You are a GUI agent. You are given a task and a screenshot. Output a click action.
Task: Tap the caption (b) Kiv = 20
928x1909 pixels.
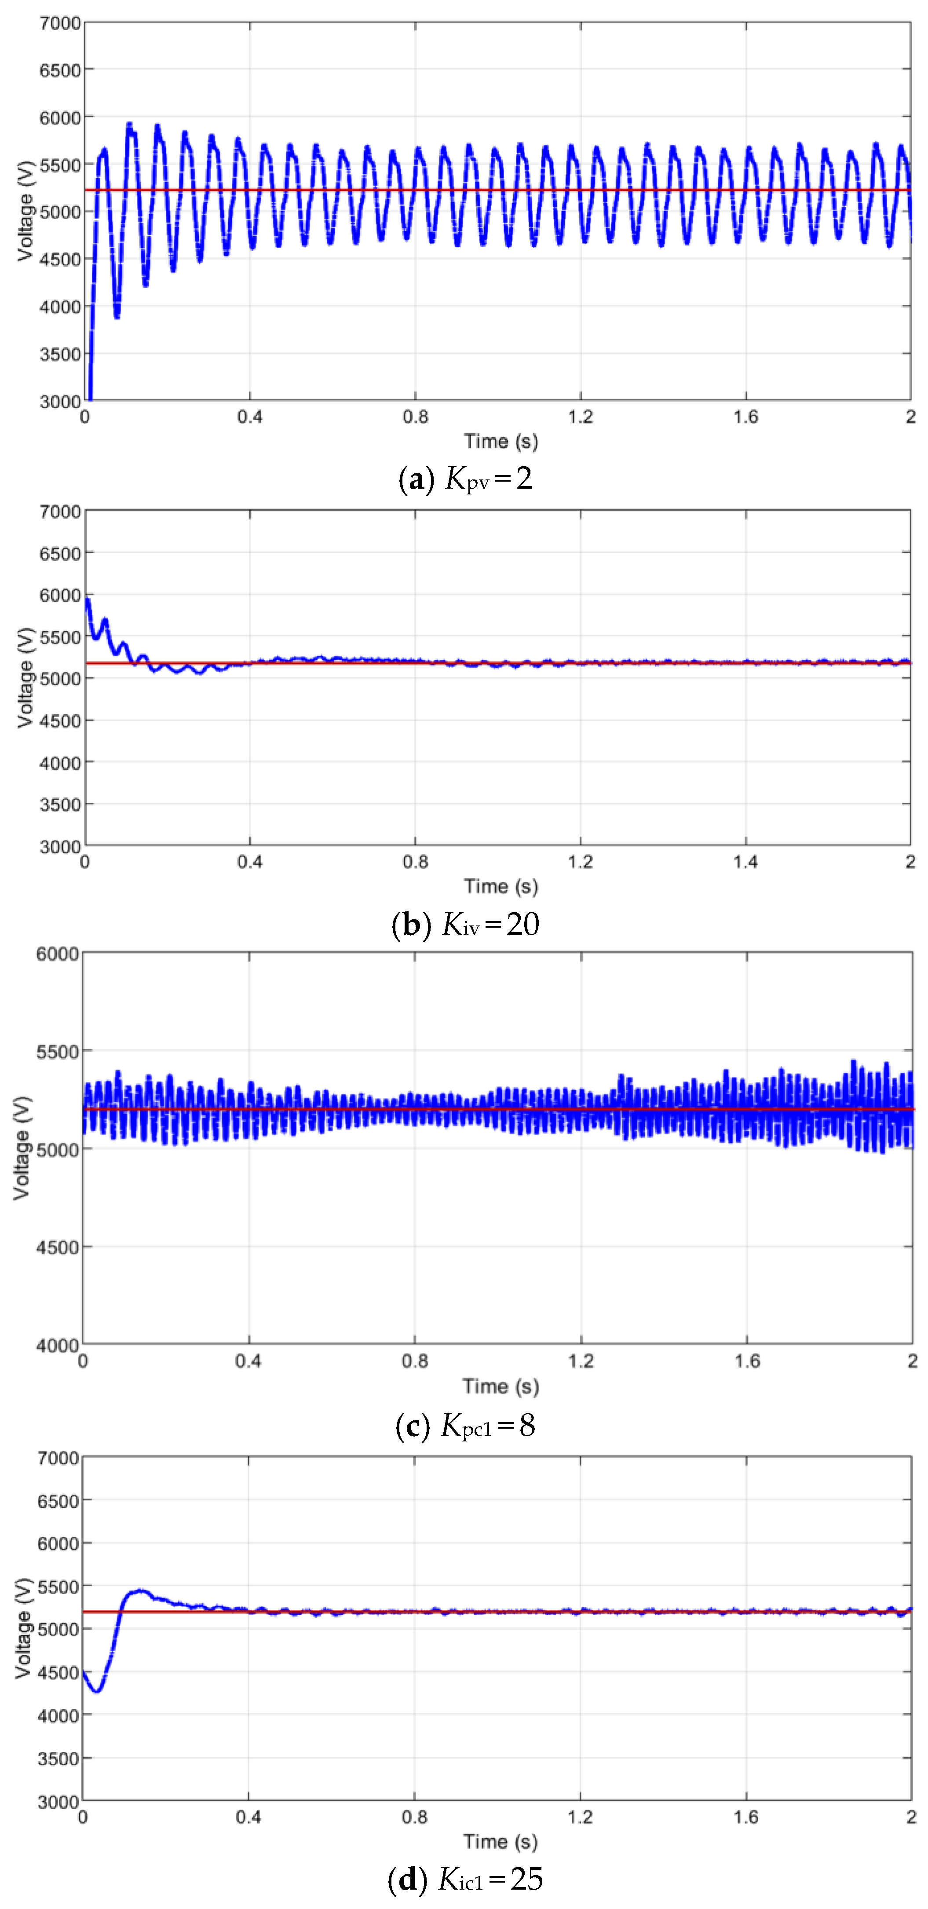tap(465, 924)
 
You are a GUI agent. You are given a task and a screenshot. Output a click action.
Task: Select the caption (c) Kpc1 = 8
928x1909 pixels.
tap(465, 1424)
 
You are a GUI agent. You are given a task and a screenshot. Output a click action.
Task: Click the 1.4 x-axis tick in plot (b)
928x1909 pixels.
tap(745, 862)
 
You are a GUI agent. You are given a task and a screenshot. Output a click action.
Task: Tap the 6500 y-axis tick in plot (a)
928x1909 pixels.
tap(60, 70)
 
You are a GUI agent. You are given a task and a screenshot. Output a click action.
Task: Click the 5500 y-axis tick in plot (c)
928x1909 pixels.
tap(57, 1052)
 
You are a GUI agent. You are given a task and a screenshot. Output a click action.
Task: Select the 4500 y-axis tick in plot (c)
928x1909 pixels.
tap(57, 1247)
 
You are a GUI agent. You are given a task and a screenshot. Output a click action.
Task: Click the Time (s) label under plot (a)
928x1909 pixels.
tap(501, 442)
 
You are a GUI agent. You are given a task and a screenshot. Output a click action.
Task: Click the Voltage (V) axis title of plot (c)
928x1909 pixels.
tap(22, 1148)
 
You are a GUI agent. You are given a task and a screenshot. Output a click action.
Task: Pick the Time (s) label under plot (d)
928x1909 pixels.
tap(501, 1842)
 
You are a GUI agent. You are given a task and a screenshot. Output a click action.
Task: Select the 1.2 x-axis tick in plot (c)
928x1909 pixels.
tap(581, 1360)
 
